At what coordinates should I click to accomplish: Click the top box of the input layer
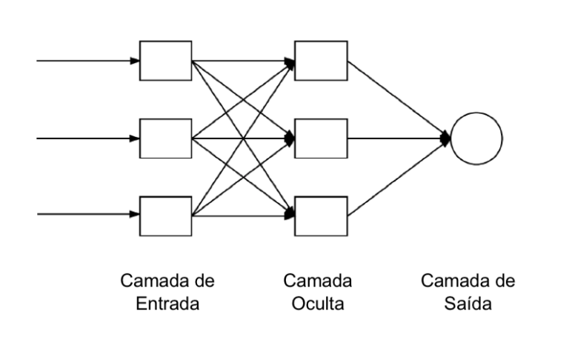166,60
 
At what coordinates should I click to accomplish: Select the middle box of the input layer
166,138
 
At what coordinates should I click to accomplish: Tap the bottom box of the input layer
166,215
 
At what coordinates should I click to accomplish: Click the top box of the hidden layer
320,60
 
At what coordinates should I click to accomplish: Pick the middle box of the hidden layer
320,138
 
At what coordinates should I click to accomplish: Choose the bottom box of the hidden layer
320,215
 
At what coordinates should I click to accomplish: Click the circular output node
476,138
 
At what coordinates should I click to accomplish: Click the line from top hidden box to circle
396,98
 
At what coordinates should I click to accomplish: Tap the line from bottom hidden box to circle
396,177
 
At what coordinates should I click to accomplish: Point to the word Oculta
319,304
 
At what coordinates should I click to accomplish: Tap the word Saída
468,304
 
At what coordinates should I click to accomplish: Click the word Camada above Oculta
319,282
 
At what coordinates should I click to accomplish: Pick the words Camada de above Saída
468,282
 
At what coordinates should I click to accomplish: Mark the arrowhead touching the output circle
446,138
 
